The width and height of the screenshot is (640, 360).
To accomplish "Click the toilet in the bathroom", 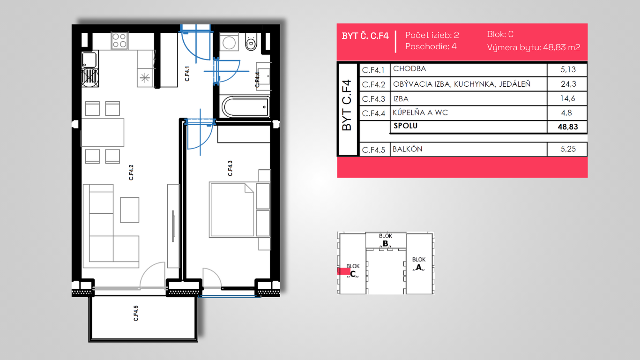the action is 251,42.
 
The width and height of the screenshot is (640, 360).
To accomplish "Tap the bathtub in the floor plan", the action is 246,107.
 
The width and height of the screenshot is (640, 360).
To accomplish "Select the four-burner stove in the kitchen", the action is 119,41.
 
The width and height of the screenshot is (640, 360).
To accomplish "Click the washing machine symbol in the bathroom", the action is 229,42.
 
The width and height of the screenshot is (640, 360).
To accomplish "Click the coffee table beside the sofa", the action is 129,210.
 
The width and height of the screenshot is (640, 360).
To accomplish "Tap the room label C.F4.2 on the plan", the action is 131,172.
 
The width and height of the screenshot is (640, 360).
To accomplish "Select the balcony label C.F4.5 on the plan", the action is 136,313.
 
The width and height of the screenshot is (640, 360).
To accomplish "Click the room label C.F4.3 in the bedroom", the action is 230,168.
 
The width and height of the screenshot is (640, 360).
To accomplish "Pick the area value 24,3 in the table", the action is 568,84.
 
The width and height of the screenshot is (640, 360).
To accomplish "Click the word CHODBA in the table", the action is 409,68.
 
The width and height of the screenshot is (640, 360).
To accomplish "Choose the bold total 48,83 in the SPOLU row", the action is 568,127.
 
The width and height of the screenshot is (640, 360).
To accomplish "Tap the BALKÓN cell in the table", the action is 408,149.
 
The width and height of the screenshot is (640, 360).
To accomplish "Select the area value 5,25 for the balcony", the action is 568,149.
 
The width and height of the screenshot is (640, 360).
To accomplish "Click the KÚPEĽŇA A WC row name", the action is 420,112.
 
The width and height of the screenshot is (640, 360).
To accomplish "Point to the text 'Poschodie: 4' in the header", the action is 431,46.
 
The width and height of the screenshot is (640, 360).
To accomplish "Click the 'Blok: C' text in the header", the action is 500,34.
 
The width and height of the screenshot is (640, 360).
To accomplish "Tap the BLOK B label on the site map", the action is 386,240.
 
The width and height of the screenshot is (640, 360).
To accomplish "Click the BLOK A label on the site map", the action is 418,264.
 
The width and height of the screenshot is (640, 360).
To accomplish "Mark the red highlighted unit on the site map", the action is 344,271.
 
